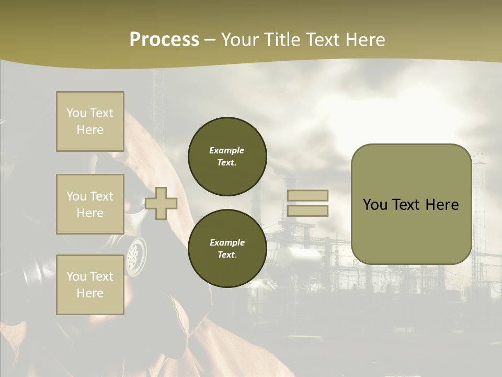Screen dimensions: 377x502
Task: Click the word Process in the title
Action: pos(164,40)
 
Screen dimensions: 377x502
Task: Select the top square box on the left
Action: pos(90,121)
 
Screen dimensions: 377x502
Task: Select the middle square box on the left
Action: pos(90,204)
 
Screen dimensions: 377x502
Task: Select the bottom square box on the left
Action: pos(90,285)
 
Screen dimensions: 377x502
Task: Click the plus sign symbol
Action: pos(161,204)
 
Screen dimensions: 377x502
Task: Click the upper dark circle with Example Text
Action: pos(227,157)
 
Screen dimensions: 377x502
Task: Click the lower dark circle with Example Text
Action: pos(227,249)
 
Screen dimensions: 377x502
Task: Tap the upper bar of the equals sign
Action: pos(307,195)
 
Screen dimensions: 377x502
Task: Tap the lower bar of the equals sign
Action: pos(307,211)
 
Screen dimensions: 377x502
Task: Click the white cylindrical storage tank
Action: pos(298,257)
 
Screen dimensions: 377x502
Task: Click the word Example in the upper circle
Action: pos(227,150)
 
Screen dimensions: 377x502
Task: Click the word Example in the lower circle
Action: pos(227,242)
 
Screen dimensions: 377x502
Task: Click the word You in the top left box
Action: pos(76,113)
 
